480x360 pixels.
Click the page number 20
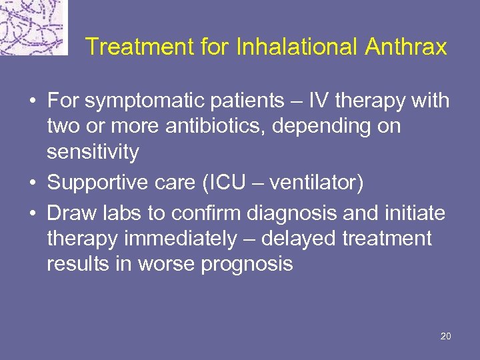click(x=446, y=336)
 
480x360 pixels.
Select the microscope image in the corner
click(x=33, y=27)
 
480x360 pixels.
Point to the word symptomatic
click(x=139, y=102)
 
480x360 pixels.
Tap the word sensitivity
click(x=93, y=153)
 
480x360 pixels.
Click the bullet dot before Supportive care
click(x=32, y=183)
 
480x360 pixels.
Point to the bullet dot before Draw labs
click(x=32, y=213)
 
